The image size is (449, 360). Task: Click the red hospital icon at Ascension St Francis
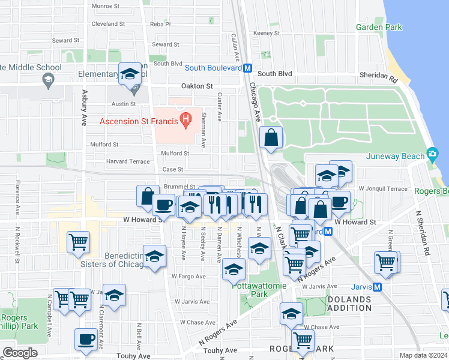click(186, 119)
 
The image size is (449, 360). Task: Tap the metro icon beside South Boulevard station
click(247, 68)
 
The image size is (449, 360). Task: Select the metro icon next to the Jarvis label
click(377, 287)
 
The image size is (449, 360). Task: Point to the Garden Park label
click(379, 27)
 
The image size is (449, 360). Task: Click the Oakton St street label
click(197, 86)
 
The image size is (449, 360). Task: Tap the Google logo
click(20, 353)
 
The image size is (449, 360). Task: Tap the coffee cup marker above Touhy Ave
click(86, 339)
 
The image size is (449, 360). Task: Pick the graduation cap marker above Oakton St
click(130, 74)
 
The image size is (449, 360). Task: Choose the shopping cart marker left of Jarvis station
click(385, 262)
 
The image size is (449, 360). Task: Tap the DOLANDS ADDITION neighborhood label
click(358, 303)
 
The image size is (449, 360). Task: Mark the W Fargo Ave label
click(188, 277)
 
